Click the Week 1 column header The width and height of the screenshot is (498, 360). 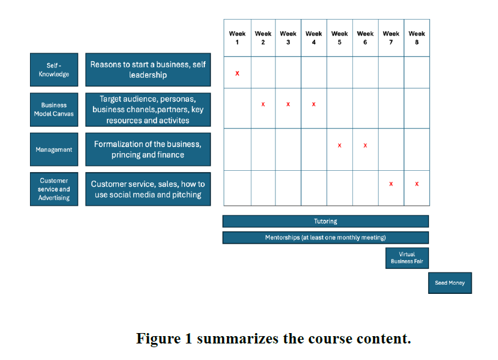pyautogui.click(x=237, y=38)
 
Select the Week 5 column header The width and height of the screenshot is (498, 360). pyautogui.click(x=340, y=38)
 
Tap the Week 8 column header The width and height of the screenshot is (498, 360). pyautogui.click(x=417, y=38)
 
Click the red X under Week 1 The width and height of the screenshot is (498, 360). pyautogui.click(x=237, y=73)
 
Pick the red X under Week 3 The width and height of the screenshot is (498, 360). pyautogui.click(x=288, y=104)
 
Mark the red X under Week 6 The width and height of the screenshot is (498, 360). pyautogui.click(x=365, y=146)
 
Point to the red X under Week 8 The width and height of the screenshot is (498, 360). pyautogui.click(x=417, y=184)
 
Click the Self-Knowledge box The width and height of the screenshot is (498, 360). pyautogui.click(x=54, y=70)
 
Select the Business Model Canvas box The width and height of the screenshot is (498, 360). pyautogui.click(x=54, y=110)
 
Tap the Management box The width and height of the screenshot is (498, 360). pyautogui.click(x=54, y=149)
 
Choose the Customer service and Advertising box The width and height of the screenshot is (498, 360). pyautogui.click(x=54, y=189)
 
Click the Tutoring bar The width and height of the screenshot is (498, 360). pyautogui.click(x=325, y=222)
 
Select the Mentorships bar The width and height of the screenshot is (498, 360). pyautogui.click(x=325, y=238)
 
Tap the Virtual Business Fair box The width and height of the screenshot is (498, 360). pyautogui.click(x=407, y=258)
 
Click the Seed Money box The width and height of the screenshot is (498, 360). pyautogui.click(x=450, y=283)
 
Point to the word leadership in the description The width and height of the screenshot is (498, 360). pyautogui.click(x=147, y=75)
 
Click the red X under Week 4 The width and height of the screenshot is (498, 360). pyautogui.click(x=314, y=104)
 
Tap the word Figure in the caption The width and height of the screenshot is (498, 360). pyautogui.click(x=158, y=339)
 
